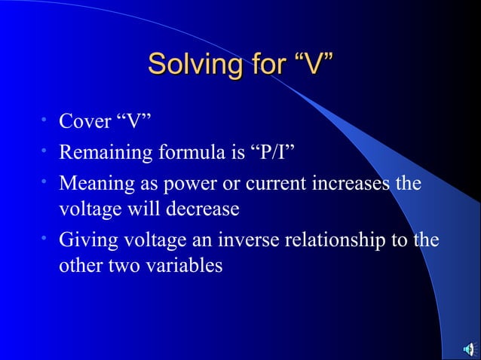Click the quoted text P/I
(271, 154)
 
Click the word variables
(186, 266)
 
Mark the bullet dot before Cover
(45, 121)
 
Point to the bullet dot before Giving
(45, 239)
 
